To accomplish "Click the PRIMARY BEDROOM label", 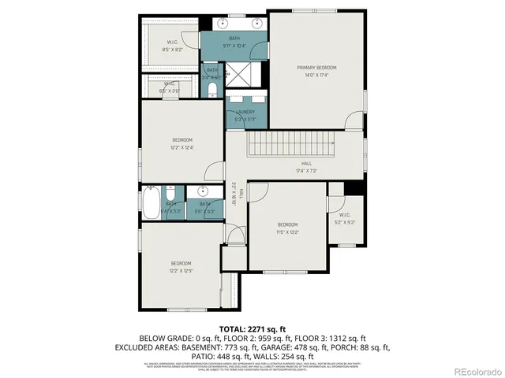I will (x=316, y=68).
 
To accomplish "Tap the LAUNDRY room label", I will (x=245, y=113).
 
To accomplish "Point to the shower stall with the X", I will (x=237, y=76).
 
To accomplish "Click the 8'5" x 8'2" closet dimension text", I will (x=172, y=50).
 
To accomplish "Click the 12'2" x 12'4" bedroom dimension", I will (x=182, y=147).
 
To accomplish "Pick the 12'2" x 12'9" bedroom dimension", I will (x=181, y=270).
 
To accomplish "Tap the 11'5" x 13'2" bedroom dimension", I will (x=287, y=232).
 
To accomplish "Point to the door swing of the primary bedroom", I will (x=350, y=120).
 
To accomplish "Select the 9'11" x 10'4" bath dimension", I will (x=234, y=46).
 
